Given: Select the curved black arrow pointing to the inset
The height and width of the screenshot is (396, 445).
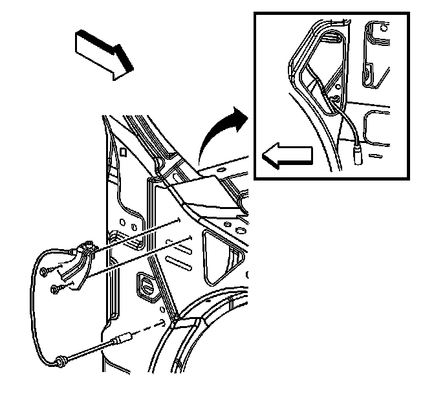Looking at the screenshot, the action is pos(217,133).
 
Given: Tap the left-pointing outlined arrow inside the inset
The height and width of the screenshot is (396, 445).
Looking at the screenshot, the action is pos(287,155).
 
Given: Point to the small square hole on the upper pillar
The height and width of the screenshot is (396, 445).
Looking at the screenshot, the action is pos(122,153).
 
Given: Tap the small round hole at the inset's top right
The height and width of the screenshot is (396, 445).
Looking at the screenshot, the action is pos(368,76).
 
